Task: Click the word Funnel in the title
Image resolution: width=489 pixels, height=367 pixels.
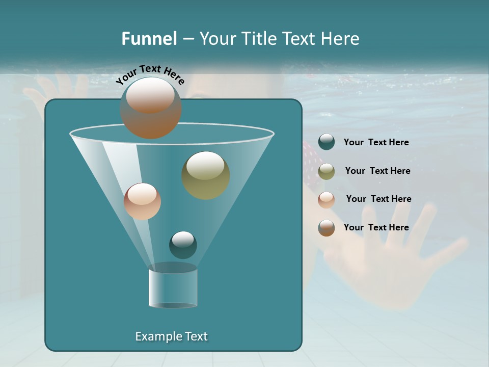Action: (x=149, y=38)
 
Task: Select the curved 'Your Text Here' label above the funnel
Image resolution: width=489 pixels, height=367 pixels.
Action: (x=150, y=74)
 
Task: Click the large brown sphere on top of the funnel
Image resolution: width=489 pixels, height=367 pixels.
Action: (x=151, y=108)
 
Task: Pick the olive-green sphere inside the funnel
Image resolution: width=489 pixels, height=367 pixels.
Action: (x=206, y=175)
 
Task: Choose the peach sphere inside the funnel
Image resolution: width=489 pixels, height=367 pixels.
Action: (x=142, y=201)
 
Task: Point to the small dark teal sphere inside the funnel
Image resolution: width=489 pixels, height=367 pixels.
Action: (x=183, y=245)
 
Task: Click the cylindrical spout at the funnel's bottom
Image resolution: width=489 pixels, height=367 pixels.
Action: (x=173, y=288)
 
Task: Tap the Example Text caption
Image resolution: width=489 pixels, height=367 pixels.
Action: (x=171, y=336)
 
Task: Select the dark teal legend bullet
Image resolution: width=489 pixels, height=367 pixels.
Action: (x=327, y=142)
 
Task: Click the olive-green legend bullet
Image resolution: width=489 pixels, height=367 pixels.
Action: (x=327, y=171)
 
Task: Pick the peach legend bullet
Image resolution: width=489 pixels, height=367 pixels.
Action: (x=327, y=200)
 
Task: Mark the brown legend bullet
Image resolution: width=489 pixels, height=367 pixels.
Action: (x=327, y=228)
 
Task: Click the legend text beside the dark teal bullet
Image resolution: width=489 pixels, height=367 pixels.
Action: (x=376, y=142)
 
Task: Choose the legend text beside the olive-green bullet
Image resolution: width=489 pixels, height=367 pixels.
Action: (x=377, y=171)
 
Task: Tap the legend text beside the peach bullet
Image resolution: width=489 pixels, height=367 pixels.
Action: (x=378, y=199)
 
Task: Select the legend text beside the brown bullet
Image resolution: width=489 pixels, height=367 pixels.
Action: (x=376, y=227)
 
